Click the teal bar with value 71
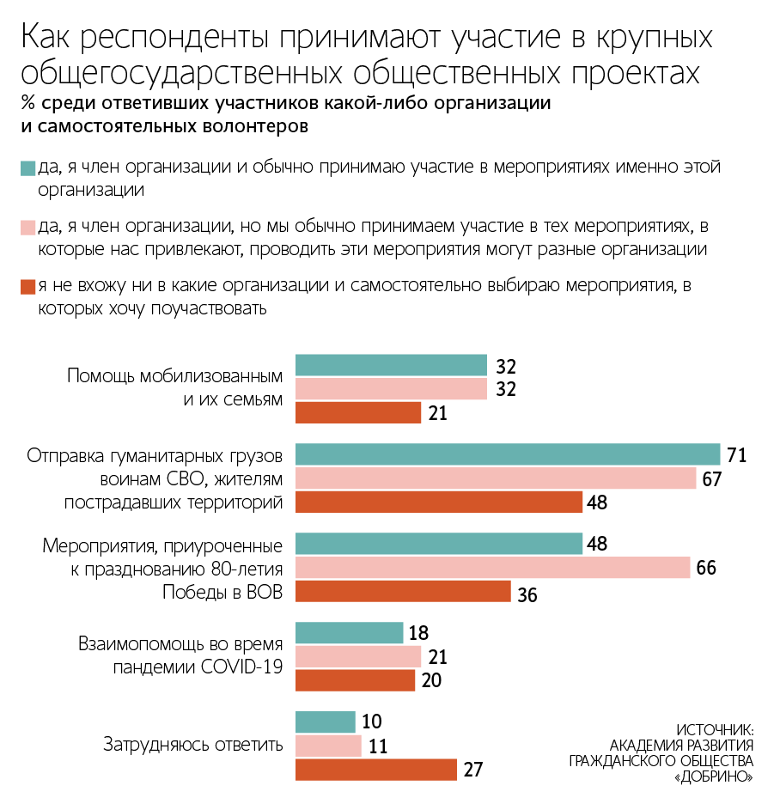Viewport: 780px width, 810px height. pyautogui.click(x=508, y=454)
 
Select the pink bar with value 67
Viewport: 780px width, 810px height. pyautogui.click(x=496, y=478)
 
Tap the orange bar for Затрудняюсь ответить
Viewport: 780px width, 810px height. pyautogui.click(x=376, y=770)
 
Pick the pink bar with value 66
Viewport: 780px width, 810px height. pyautogui.click(x=493, y=568)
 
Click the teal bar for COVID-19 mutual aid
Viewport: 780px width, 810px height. pyautogui.click(x=350, y=633)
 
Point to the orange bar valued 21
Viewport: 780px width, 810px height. pyautogui.click(x=358, y=413)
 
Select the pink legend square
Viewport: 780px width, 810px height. pyautogui.click(x=27, y=228)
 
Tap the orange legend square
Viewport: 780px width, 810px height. pyautogui.click(x=27, y=286)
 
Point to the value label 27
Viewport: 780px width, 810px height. pyautogui.click(x=473, y=770)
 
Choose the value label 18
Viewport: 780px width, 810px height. pyautogui.click(x=419, y=634)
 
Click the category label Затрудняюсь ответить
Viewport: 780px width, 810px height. pyautogui.click(x=193, y=745)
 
